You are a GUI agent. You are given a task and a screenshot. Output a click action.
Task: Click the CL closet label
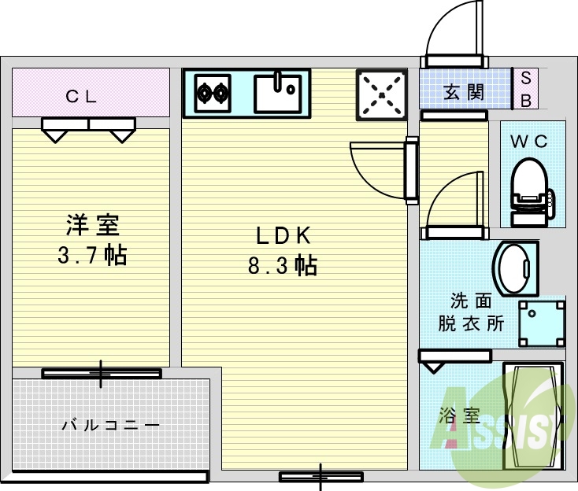81,97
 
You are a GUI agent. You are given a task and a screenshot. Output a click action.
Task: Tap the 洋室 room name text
92,225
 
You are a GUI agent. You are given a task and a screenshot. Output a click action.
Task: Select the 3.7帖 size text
92,255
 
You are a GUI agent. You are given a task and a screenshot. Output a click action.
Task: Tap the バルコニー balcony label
111,425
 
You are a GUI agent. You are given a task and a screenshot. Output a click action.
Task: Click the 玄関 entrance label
464,91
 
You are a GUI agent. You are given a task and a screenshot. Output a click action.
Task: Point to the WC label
529,142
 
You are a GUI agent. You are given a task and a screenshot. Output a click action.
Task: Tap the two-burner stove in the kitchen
213,93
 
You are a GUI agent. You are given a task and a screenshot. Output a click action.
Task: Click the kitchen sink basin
278,92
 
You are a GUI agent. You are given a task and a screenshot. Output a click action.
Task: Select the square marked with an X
383,95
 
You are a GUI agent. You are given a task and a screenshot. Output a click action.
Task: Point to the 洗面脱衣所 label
472,312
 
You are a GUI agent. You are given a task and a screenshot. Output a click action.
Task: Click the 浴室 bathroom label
460,415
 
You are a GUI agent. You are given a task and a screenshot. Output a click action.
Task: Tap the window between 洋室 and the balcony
101,373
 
